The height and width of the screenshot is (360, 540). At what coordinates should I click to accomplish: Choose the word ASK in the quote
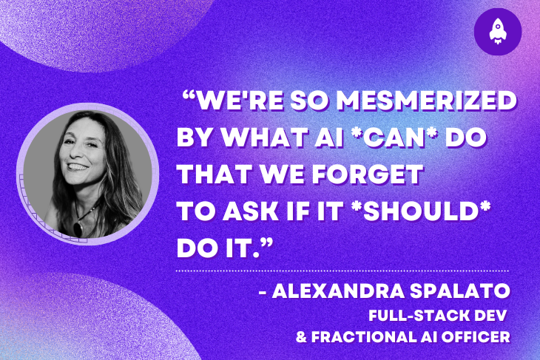coord(254,210)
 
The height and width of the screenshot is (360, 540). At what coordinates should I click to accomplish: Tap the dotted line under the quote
coord(355,271)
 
